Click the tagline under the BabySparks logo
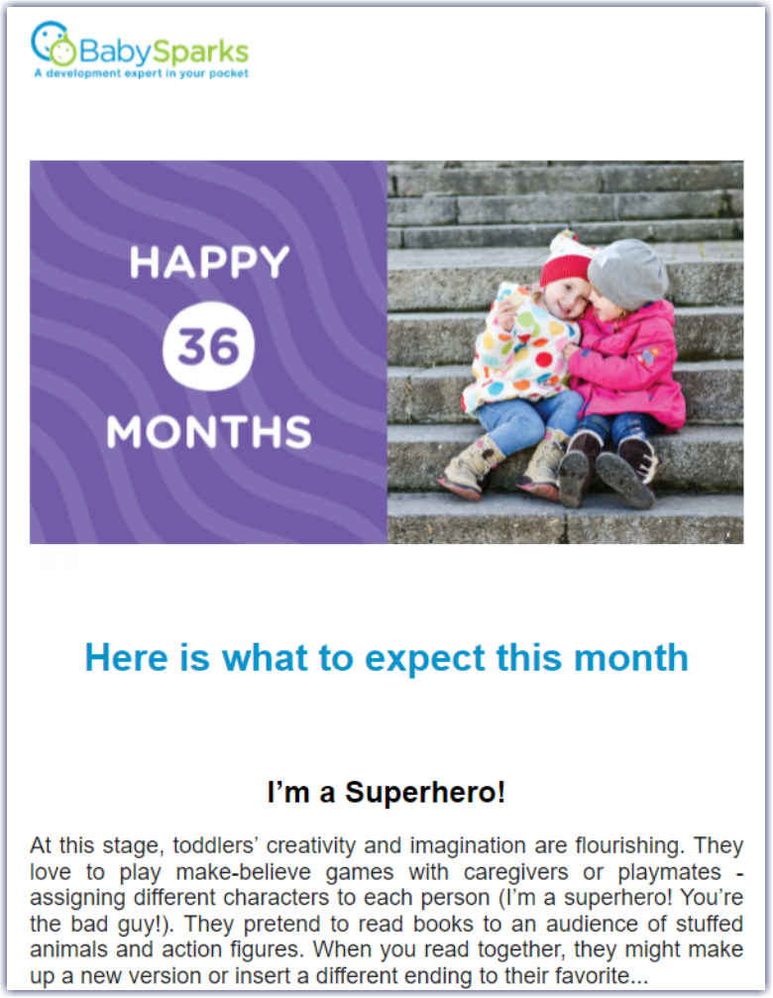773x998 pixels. tap(142, 73)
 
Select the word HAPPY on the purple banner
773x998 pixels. tap(209, 263)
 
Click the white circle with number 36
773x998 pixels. tap(209, 346)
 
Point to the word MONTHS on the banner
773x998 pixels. tap(209, 431)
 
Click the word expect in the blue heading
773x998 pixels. tap(424, 658)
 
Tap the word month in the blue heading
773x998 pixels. tap(631, 657)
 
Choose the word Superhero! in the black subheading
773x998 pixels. tap(425, 793)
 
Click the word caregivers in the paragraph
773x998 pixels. tap(515, 872)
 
